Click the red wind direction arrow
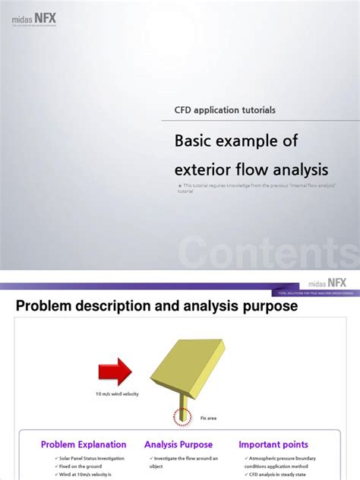115,371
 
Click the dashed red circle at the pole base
182,416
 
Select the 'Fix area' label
209,418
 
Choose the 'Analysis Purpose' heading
178,444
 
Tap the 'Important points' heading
274,444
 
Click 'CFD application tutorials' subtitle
225,110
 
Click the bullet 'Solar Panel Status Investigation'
84,458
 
